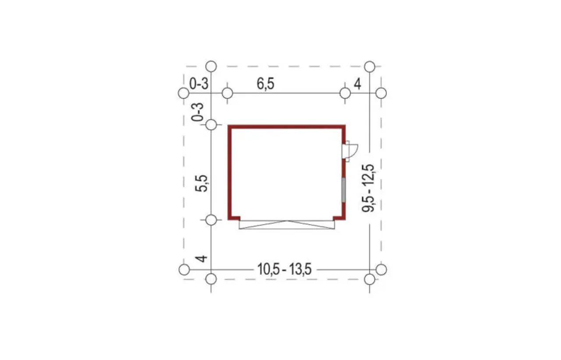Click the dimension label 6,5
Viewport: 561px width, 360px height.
click(266, 84)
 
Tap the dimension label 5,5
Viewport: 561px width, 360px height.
click(202, 183)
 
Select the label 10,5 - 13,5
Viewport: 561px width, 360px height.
click(284, 269)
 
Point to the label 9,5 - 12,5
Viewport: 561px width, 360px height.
click(368, 188)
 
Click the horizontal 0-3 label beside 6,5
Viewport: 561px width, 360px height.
click(199, 84)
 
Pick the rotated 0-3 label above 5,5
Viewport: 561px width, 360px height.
click(198, 112)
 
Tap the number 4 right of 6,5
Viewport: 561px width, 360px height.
click(357, 84)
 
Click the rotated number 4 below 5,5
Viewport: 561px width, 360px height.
click(201, 258)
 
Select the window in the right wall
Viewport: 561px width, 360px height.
click(344, 190)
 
